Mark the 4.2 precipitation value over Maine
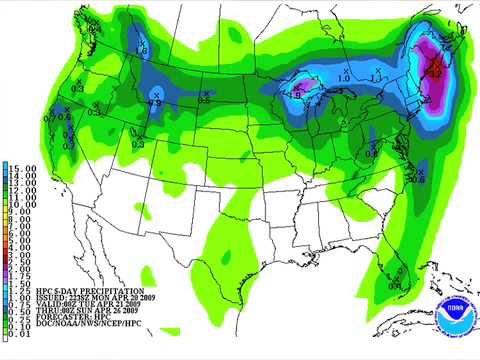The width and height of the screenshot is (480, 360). [x=436, y=72]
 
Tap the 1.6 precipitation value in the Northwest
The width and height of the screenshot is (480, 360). [x=141, y=51]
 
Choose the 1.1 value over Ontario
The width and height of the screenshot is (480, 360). [x=376, y=77]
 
